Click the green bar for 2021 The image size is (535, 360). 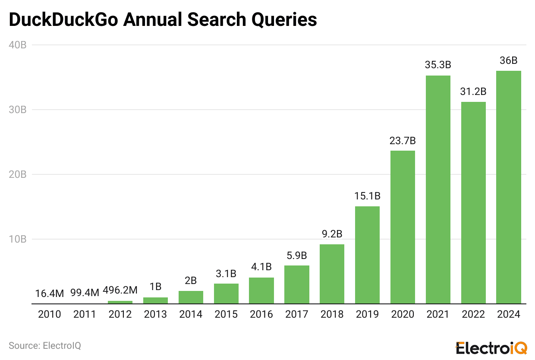438,189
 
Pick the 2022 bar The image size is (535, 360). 473,202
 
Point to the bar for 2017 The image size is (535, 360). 297,284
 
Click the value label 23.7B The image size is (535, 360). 403,141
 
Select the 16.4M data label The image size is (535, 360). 50,294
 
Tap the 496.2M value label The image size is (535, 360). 120,291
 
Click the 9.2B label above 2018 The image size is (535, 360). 332,234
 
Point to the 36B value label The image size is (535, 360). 509,61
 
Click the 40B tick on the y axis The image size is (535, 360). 17,45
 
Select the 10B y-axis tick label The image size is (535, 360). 17,239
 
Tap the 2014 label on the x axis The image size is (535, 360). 191,314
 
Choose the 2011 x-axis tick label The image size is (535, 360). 85,314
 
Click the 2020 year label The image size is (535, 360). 403,314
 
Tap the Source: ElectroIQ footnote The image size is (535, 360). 45,345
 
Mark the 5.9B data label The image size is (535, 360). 297,256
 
